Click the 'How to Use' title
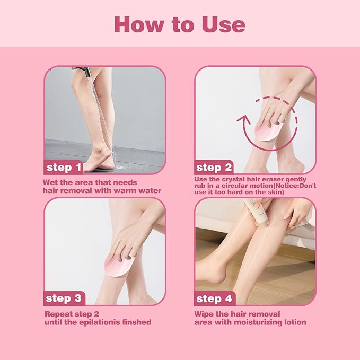[x=180, y=24]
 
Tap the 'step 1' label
[x=63, y=168]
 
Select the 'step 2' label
[x=214, y=168]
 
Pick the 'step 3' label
[x=63, y=298]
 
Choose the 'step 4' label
[x=214, y=298]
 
